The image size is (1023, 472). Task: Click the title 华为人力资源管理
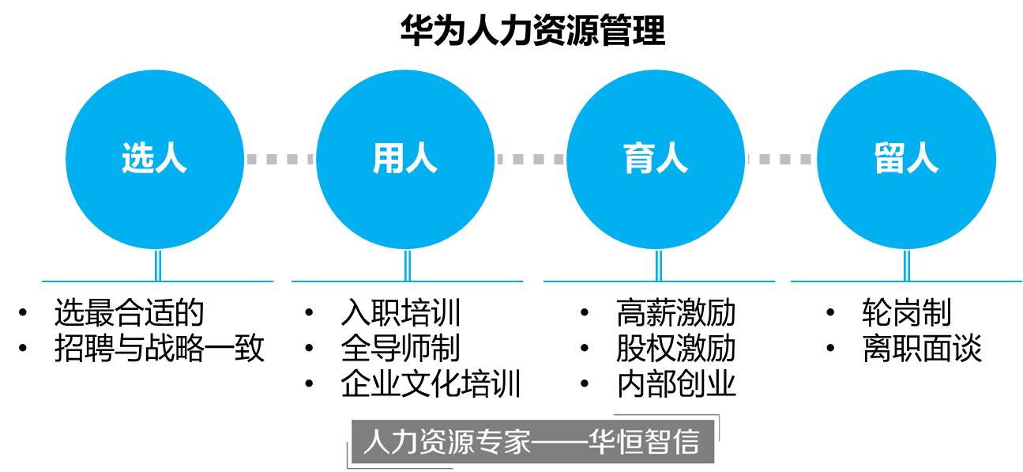pos(532,31)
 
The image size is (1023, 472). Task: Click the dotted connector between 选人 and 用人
pos(279,160)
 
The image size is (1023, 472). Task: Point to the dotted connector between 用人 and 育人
pos(530,160)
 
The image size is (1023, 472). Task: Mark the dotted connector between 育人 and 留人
pos(780,160)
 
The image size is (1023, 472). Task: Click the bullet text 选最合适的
pos(129,313)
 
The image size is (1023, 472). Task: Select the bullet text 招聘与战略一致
pos(159,349)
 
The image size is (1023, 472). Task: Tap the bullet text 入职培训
pos(401,313)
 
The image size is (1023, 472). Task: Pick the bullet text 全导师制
pos(401,349)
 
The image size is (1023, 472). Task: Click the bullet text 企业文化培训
pos(431,384)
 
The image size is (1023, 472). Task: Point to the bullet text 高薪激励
pos(676,313)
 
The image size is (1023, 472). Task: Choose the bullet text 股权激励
pos(676,349)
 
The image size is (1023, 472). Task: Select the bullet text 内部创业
pos(676,384)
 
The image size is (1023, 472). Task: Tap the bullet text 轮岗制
pos(907,313)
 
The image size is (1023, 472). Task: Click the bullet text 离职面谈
pos(922,349)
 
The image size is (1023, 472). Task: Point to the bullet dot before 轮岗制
pos(830,313)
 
